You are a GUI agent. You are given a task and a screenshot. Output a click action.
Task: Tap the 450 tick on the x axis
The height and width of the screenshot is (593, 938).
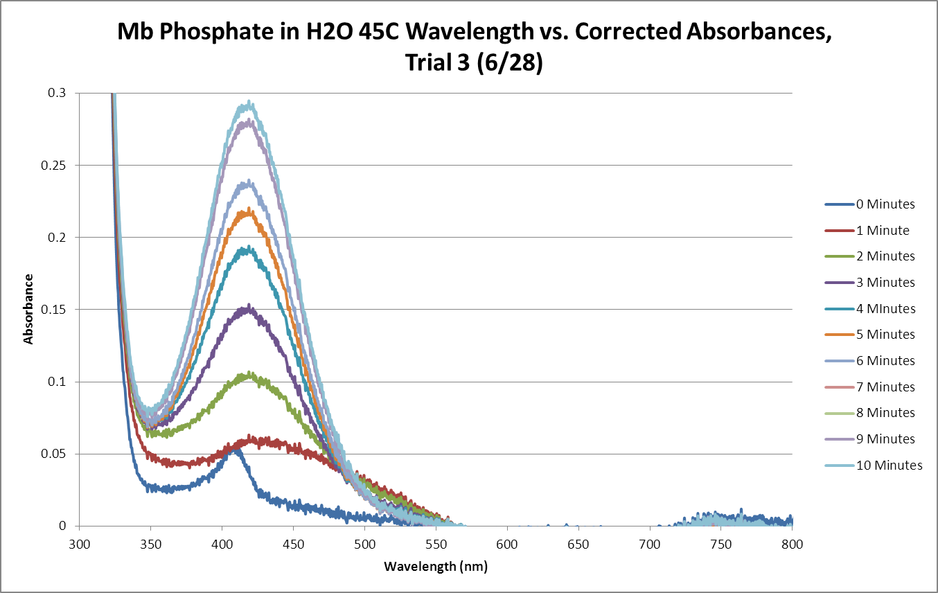coord(293,545)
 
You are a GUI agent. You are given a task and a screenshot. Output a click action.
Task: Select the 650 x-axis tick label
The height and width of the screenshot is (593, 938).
coord(578,545)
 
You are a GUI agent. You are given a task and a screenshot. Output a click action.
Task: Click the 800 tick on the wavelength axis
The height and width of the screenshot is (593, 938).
coord(792,545)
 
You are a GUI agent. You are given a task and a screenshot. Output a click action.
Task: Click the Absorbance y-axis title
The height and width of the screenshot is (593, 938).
coord(29,309)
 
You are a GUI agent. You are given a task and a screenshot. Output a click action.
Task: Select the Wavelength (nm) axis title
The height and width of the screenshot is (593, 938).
coord(436,567)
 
